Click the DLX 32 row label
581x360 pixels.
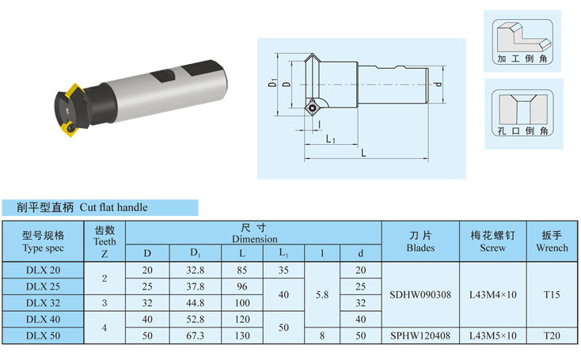coord(43,303)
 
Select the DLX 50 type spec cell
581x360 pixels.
coord(43,335)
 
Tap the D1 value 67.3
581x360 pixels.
coord(196,335)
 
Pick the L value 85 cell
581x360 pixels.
coord(242,271)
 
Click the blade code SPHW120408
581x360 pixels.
coord(420,335)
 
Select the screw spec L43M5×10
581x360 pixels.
coord(493,335)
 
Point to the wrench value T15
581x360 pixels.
coord(552,295)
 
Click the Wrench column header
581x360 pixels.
coord(552,241)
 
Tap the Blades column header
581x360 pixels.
coord(420,241)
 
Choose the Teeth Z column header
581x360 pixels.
coord(104,241)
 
